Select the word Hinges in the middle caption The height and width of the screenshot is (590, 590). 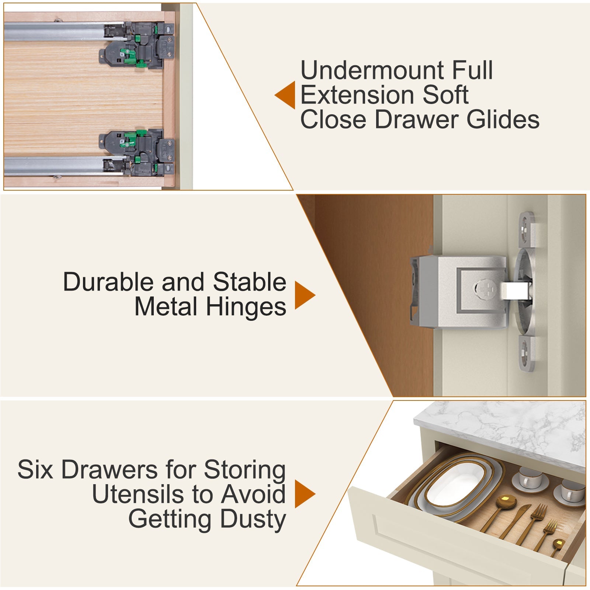246,307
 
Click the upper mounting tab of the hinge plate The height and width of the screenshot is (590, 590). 525,229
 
